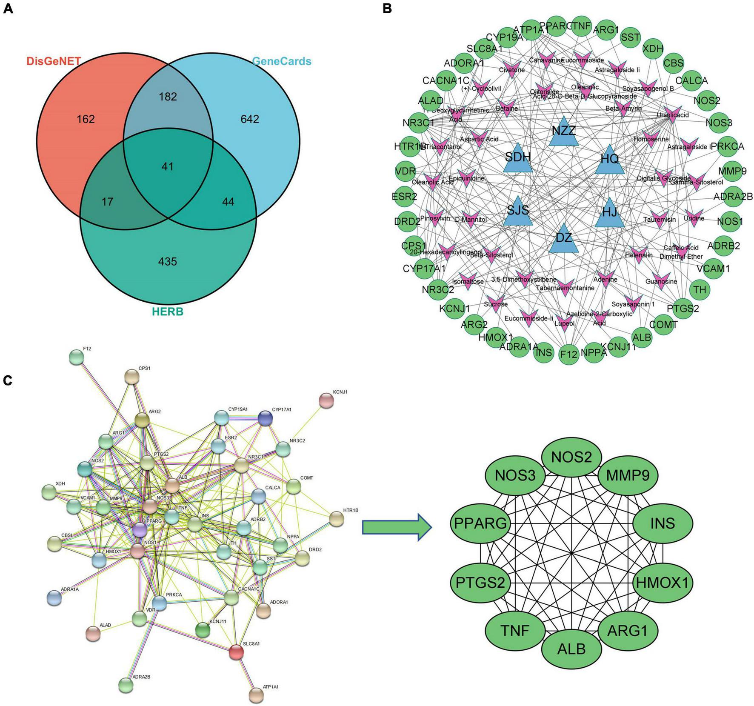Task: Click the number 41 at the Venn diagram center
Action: point(167,166)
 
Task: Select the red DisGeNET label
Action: point(54,61)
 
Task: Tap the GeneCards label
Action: point(282,61)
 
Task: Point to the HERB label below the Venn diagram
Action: point(168,312)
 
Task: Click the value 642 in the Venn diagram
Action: point(249,119)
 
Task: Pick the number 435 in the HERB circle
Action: point(167,261)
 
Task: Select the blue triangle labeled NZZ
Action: point(563,132)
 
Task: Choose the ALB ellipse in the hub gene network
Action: point(571,649)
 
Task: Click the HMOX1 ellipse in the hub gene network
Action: point(661,582)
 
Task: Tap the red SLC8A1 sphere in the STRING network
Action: point(236,652)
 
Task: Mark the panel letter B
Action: point(387,8)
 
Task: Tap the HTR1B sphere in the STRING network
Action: point(337,519)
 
